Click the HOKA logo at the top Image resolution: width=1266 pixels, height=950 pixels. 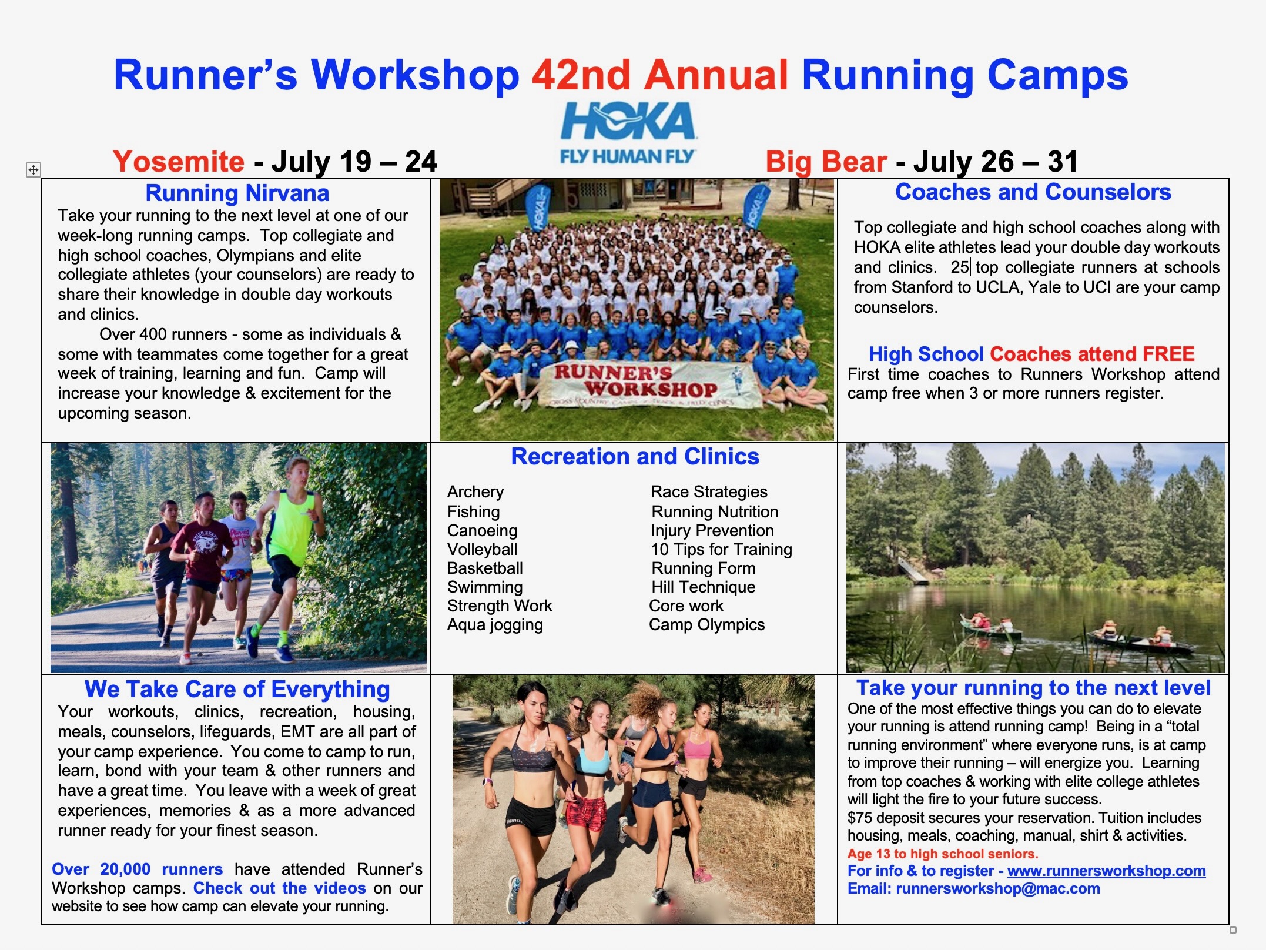click(628, 133)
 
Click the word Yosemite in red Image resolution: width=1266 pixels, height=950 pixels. click(179, 161)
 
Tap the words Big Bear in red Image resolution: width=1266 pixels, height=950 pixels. click(826, 161)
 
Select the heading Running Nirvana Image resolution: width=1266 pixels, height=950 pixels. click(237, 193)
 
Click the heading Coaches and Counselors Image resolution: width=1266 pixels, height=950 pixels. click(1033, 192)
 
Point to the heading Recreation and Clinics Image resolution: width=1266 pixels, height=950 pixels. click(635, 457)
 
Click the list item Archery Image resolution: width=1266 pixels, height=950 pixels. click(475, 491)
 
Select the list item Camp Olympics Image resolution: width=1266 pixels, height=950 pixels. click(706, 624)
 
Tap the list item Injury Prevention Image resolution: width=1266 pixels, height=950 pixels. click(712, 530)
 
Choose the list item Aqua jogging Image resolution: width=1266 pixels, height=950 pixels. click(495, 624)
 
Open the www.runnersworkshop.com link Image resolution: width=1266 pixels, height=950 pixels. click(1106, 871)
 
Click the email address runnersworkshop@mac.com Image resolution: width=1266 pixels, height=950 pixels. click(998, 888)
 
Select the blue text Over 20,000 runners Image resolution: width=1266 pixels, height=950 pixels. click(138, 869)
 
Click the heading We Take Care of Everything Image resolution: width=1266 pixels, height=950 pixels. click(237, 689)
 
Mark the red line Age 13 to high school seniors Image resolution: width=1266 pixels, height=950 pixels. click(943, 854)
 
